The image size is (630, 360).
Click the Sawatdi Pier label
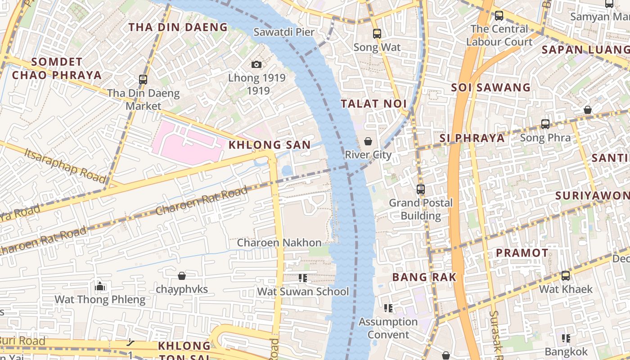pyautogui.click(x=284, y=32)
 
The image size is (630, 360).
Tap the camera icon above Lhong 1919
pyautogui.click(x=256, y=65)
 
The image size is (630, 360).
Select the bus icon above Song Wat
pyautogui.click(x=377, y=34)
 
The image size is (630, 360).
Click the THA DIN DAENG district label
pyautogui.click(x=179, y=27)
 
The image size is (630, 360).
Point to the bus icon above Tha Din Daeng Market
pyautogui.click(x=143, y=80)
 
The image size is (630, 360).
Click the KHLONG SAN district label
pyautogui.click(x=270, y=145)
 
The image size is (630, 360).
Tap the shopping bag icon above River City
pyautogui.click(x=368, y=141)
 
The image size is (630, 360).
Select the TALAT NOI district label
pyautogui.click(x=373, y=104)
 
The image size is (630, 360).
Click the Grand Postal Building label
pyautogui.click(x=421, y=209)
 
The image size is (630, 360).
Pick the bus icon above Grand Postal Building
pyautogui.click(x=421, y=189)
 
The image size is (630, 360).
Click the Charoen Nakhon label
pyautogui.click(x=279, y=243)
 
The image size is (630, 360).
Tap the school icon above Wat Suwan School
pyautogui.click(x=303, y=278)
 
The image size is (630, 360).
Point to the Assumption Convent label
pyautogui.click(x=388, y=328)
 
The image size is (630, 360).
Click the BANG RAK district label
pyautogui.click(x=424, y=277)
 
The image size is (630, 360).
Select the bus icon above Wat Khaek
pyautogui.click(x=566, y=275)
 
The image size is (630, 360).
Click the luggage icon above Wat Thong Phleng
pyautogui.click(x=100, y=286)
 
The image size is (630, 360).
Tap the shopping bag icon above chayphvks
pyautogui.click(x=182, y=275)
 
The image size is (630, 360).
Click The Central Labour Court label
pyautogui.click(x=499, y=36)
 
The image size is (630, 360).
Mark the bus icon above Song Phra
pyautogui.click(x=545, y=124)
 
